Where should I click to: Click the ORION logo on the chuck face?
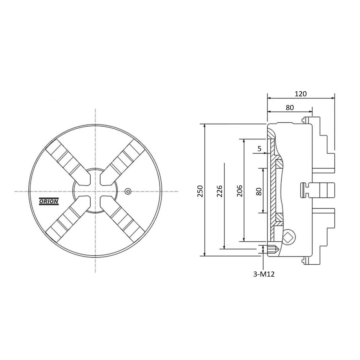49,201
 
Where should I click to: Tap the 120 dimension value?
301,94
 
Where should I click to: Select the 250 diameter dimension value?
200,191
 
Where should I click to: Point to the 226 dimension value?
220,191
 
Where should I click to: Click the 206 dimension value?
239,191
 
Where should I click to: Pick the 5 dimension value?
259,149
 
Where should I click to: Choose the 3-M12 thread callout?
264,274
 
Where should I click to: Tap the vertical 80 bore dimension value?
259,191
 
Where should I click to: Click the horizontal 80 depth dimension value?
290,108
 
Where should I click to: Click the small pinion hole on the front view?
128,191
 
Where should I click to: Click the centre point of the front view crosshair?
95,191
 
